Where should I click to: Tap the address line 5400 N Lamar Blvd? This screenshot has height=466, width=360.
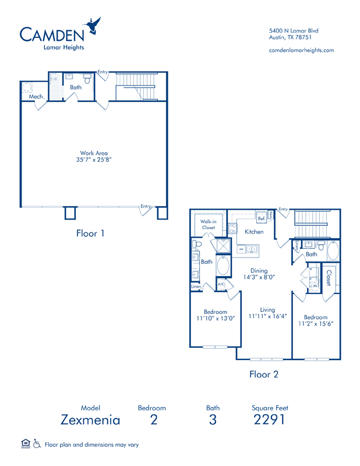[x=294, y=30]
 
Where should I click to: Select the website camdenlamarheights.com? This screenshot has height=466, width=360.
[x=301, y=50]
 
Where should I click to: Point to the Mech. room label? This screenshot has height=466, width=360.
[x=37, y=96]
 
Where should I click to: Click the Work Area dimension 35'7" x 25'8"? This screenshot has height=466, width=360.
[x=94, y=159]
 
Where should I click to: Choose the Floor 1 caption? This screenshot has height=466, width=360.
[x=90, y=233]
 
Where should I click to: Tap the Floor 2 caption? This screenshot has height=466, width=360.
[x=263, y=374]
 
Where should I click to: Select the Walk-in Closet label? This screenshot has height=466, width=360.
[x=209, y=224]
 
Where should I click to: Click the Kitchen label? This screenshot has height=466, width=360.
[x=254, y=231]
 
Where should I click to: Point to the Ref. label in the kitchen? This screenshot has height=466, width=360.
[x=262, y=218]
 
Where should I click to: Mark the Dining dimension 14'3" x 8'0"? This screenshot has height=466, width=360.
[x=259, y=278]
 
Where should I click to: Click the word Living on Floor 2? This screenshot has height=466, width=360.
[x=267, y=310]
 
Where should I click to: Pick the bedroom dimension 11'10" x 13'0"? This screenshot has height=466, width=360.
[x=215, y=319]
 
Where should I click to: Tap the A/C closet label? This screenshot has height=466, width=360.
[x=221, y=284]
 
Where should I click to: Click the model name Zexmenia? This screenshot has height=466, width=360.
[x=90, y=419]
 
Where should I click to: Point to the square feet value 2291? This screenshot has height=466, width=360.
[x=270, y=419]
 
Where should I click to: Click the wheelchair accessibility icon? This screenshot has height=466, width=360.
[x=37, y=444]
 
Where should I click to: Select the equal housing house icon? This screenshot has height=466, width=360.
[x=25, y=444]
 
